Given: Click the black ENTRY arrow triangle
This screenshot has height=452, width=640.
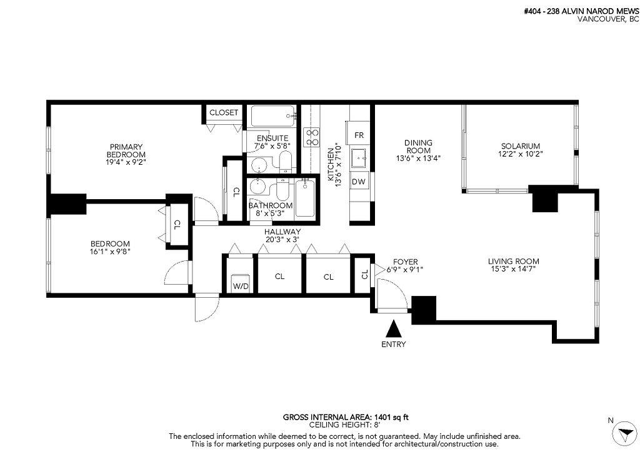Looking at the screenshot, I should click(x=394, y=329).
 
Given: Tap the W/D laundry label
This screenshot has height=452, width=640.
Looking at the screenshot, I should click(x=241, y=287).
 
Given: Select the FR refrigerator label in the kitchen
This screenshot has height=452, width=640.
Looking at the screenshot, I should click(x=359, y=135).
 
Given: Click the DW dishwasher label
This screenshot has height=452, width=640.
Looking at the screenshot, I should click(x=358, y=182).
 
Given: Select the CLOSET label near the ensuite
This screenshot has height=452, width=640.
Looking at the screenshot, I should click(x=224, y=112).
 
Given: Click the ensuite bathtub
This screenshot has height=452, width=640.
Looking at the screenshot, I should click(x=273, y=116).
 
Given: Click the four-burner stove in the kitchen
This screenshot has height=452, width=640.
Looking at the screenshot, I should click(x=311, y=137).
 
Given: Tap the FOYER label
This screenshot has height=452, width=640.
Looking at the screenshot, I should click(x=405, y=262).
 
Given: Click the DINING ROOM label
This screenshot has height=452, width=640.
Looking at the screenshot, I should click(x=418, y=147).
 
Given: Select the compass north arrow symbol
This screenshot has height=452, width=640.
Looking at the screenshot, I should click(x=624, y=432).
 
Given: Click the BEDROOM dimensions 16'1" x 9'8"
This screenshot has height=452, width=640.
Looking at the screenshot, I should click(x=110, y=252).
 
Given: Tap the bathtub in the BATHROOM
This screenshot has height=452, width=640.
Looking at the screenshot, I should click(x=306, y=198).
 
